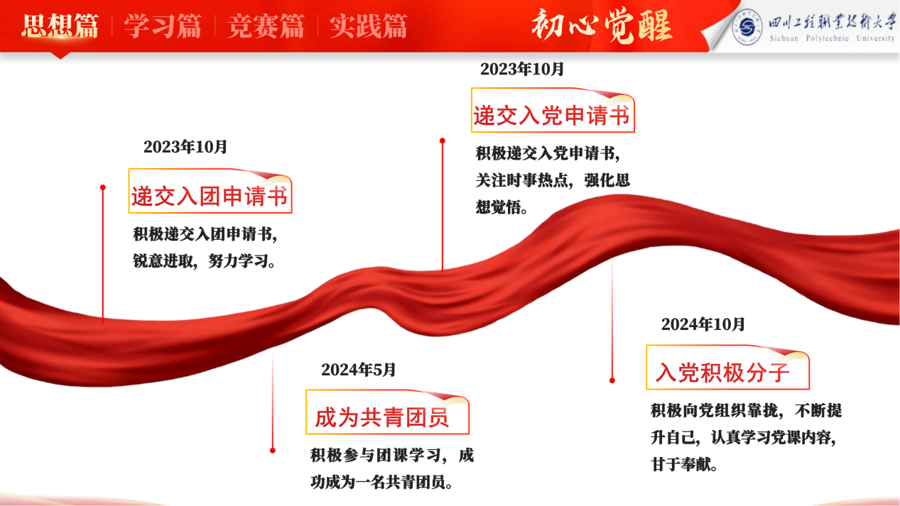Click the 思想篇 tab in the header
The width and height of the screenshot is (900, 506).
point(60,26)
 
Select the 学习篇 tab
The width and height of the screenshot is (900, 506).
point(163,26)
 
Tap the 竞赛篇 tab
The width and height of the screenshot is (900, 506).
point(266,26)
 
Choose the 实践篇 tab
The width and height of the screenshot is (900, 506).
point(369,26)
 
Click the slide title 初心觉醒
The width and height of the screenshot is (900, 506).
point(602,26)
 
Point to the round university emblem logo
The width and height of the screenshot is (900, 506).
point(747,27)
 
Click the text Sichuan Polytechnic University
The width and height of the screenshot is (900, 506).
point(832,38)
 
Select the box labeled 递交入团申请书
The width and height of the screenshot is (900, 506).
point(210,191)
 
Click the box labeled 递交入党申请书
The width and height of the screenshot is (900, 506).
point(553,110)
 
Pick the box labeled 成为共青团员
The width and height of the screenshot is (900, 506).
point(387,412)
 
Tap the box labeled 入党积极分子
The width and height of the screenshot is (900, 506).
point(727,367)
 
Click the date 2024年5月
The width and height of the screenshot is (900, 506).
point(359,370)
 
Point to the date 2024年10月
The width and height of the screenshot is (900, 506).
point(703,324)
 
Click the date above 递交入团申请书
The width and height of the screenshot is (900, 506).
point(185,147)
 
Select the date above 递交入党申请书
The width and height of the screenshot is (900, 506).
point(522,69)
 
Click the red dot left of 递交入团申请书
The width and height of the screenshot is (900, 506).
point(103,187)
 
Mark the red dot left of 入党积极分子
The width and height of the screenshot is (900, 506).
point(612,380)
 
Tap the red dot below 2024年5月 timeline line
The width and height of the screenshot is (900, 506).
point(272,451)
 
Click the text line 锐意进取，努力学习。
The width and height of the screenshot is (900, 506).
point(205,261)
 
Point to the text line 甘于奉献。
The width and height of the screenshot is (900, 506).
point(684,464)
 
